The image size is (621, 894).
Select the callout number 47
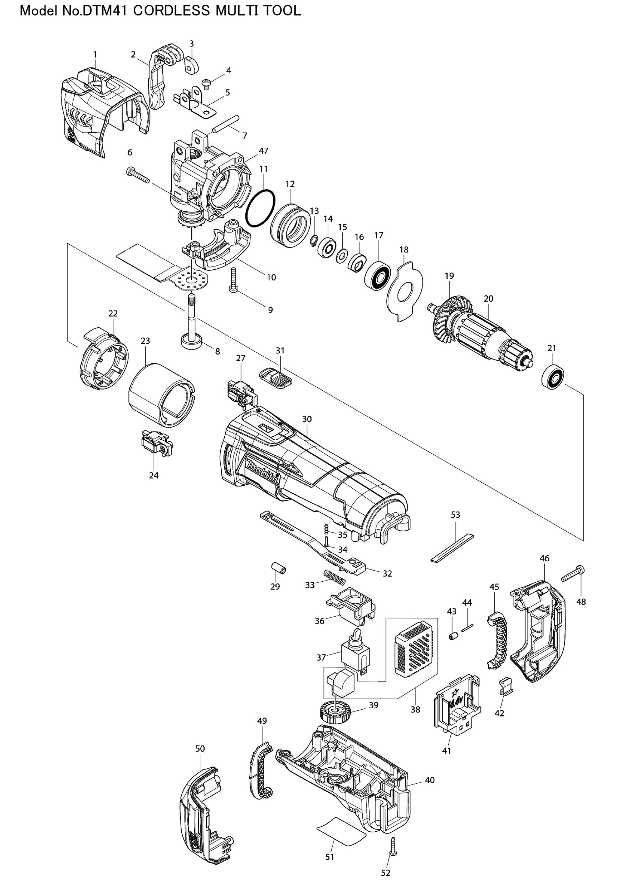263,151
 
